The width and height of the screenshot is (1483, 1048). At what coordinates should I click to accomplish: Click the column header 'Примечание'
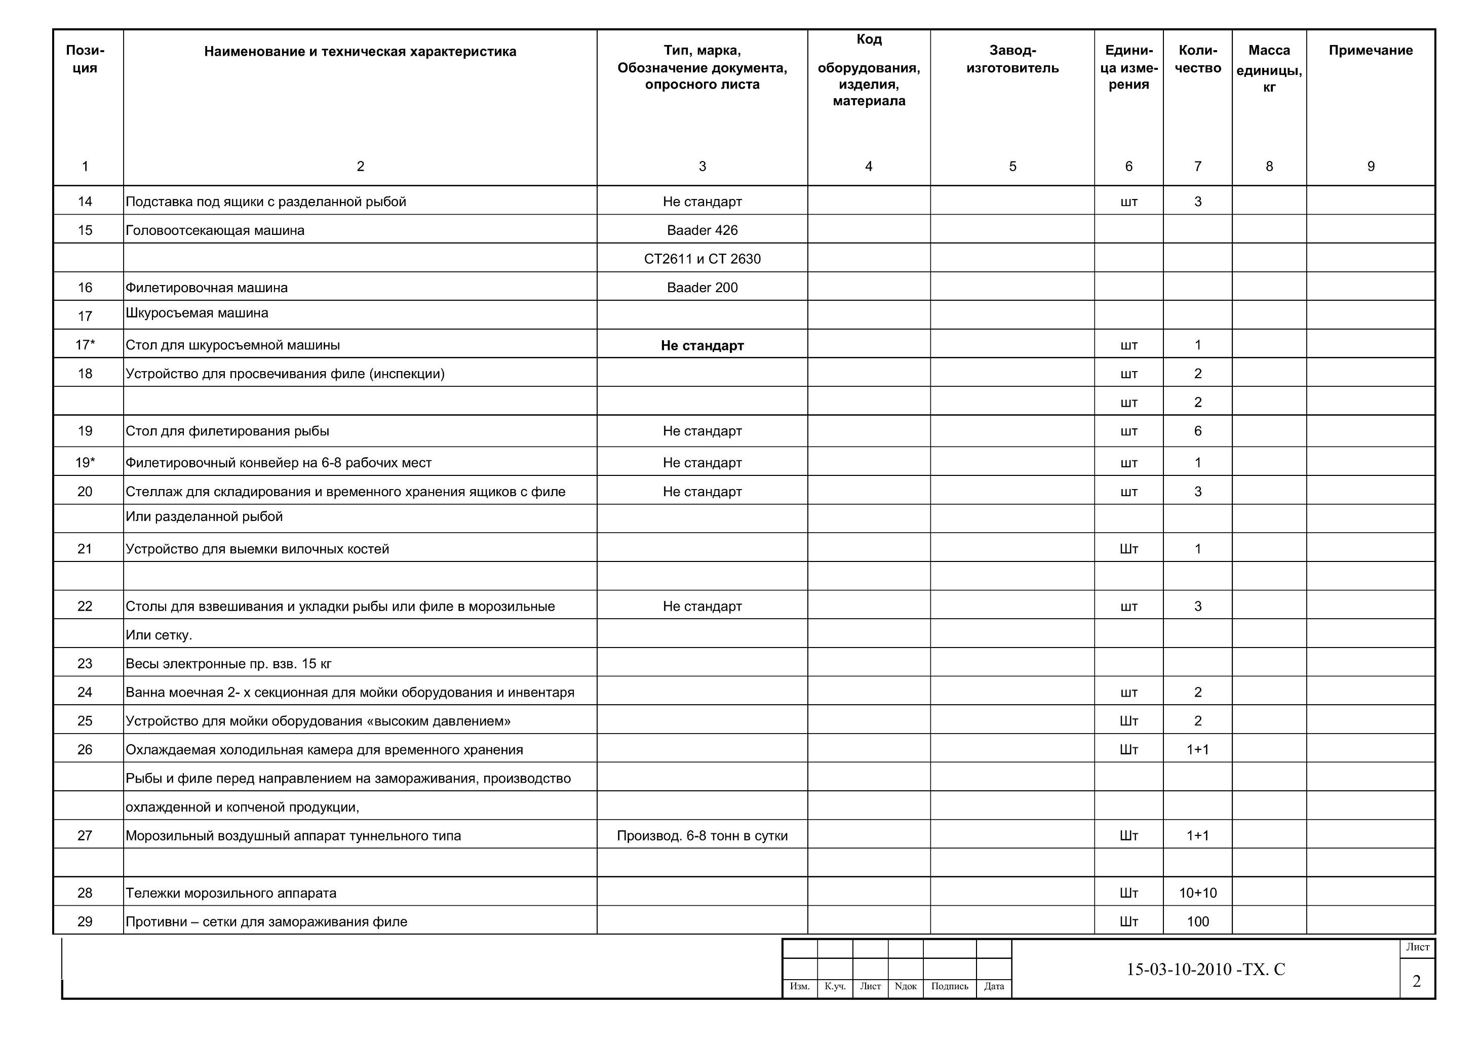(x=1370, y=50)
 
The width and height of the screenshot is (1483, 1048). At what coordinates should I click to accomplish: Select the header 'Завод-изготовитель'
(x=1012, y=59)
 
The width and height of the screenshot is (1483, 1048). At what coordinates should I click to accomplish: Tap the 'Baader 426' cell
(x=702, y=230)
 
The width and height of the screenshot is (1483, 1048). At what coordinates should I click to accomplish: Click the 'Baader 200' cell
(x=702, y=288)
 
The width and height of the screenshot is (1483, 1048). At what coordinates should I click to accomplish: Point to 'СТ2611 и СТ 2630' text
(x=702, y=259)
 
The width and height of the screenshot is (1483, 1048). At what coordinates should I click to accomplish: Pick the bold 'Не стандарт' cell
(x=702, y=345)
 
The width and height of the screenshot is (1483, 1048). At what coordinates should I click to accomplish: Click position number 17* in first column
(x=85, y=345)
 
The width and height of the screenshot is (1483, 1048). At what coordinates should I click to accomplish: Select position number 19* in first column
(x=85, y=462)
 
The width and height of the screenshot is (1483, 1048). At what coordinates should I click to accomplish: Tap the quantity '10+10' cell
(x=1197, y=893)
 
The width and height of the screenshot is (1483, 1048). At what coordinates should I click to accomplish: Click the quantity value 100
(x=1197, y=921)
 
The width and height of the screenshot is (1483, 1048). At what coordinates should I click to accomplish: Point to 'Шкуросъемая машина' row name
(x=197, y=313)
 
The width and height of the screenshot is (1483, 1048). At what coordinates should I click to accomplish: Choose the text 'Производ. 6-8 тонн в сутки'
(x=702, y=835)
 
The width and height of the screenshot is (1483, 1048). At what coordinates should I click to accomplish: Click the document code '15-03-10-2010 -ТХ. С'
(x=1205, y=969)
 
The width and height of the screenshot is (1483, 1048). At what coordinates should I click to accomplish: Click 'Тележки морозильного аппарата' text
(x=230, y=893)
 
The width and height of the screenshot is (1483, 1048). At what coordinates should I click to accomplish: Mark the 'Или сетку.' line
(x=159, y=635)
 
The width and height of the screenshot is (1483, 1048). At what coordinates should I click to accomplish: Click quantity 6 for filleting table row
(x=1197, y=431)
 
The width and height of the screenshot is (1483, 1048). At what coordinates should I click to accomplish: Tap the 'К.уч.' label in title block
(x=835, y=986)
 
